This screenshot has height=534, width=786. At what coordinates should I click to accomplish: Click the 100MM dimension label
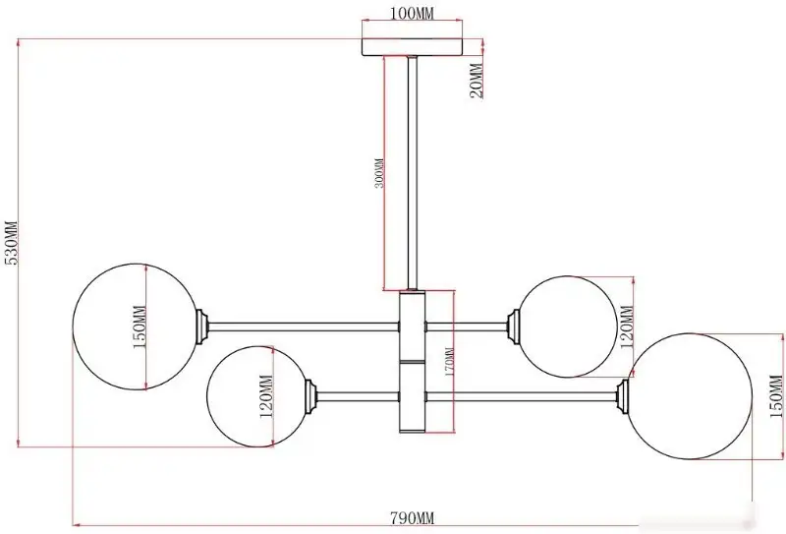412,14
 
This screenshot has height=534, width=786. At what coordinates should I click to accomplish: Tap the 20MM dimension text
477,81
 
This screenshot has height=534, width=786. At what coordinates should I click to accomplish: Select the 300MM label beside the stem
379,173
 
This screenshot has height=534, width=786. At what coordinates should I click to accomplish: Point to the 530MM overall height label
11,242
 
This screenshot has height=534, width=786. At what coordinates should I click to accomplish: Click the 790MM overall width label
412,518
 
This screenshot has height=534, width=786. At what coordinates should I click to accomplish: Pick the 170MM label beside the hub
449,362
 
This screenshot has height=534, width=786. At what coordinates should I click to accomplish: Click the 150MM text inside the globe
139,326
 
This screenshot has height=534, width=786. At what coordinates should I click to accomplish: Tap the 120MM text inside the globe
265,396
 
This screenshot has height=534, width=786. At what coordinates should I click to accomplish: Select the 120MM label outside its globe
627,327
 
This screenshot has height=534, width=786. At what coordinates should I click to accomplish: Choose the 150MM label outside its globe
775,396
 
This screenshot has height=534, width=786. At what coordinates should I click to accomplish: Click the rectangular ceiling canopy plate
412,46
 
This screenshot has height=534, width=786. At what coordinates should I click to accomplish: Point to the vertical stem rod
413,173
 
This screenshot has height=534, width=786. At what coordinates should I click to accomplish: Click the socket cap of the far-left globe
201,326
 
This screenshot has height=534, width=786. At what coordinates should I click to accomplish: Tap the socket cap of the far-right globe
623,396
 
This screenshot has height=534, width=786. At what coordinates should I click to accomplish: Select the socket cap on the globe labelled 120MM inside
310,396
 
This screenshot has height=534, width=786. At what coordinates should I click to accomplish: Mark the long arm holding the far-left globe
304,326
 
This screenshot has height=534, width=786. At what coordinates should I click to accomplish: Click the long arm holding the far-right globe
521,396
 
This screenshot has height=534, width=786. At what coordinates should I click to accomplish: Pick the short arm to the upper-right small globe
466,326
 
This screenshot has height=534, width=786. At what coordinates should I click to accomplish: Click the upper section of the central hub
413,326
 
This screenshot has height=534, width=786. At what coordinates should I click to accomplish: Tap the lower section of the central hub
413,396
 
